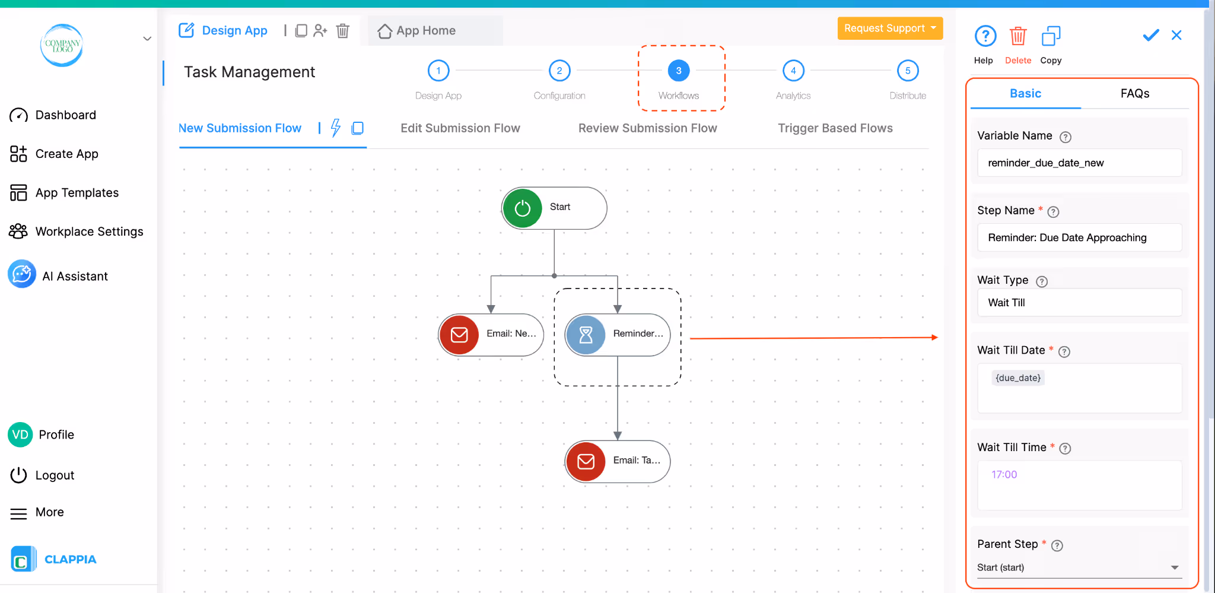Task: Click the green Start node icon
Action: click(x=522, y=208)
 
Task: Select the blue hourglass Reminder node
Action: click(x=586, y=335)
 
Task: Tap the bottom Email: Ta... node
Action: click(x=618, y=461)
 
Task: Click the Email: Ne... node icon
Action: click(x=459, y=335)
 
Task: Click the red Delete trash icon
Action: click(x=1017, y=37)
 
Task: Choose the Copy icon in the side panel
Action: click(x=1051, y=37)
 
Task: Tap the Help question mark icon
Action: click(x=985, y=37)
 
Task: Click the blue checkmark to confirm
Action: click(x=1150, y=36)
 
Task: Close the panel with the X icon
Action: click(x=1176, y=36)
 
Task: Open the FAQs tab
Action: click(x=1134, y=94)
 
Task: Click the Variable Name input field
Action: click(x=1079, y=163)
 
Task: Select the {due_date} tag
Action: click(x=1017, y=378)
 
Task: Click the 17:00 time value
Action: click(x=1004, y=475)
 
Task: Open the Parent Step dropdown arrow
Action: click(x=1174, y=567)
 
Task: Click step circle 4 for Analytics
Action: click(x=793, y=71)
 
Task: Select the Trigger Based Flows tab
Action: click(x=835, y=128)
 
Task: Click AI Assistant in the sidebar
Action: click(x=75, y=276)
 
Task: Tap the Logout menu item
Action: click(x=55, y=475)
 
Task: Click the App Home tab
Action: click(x=425, y=31)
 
